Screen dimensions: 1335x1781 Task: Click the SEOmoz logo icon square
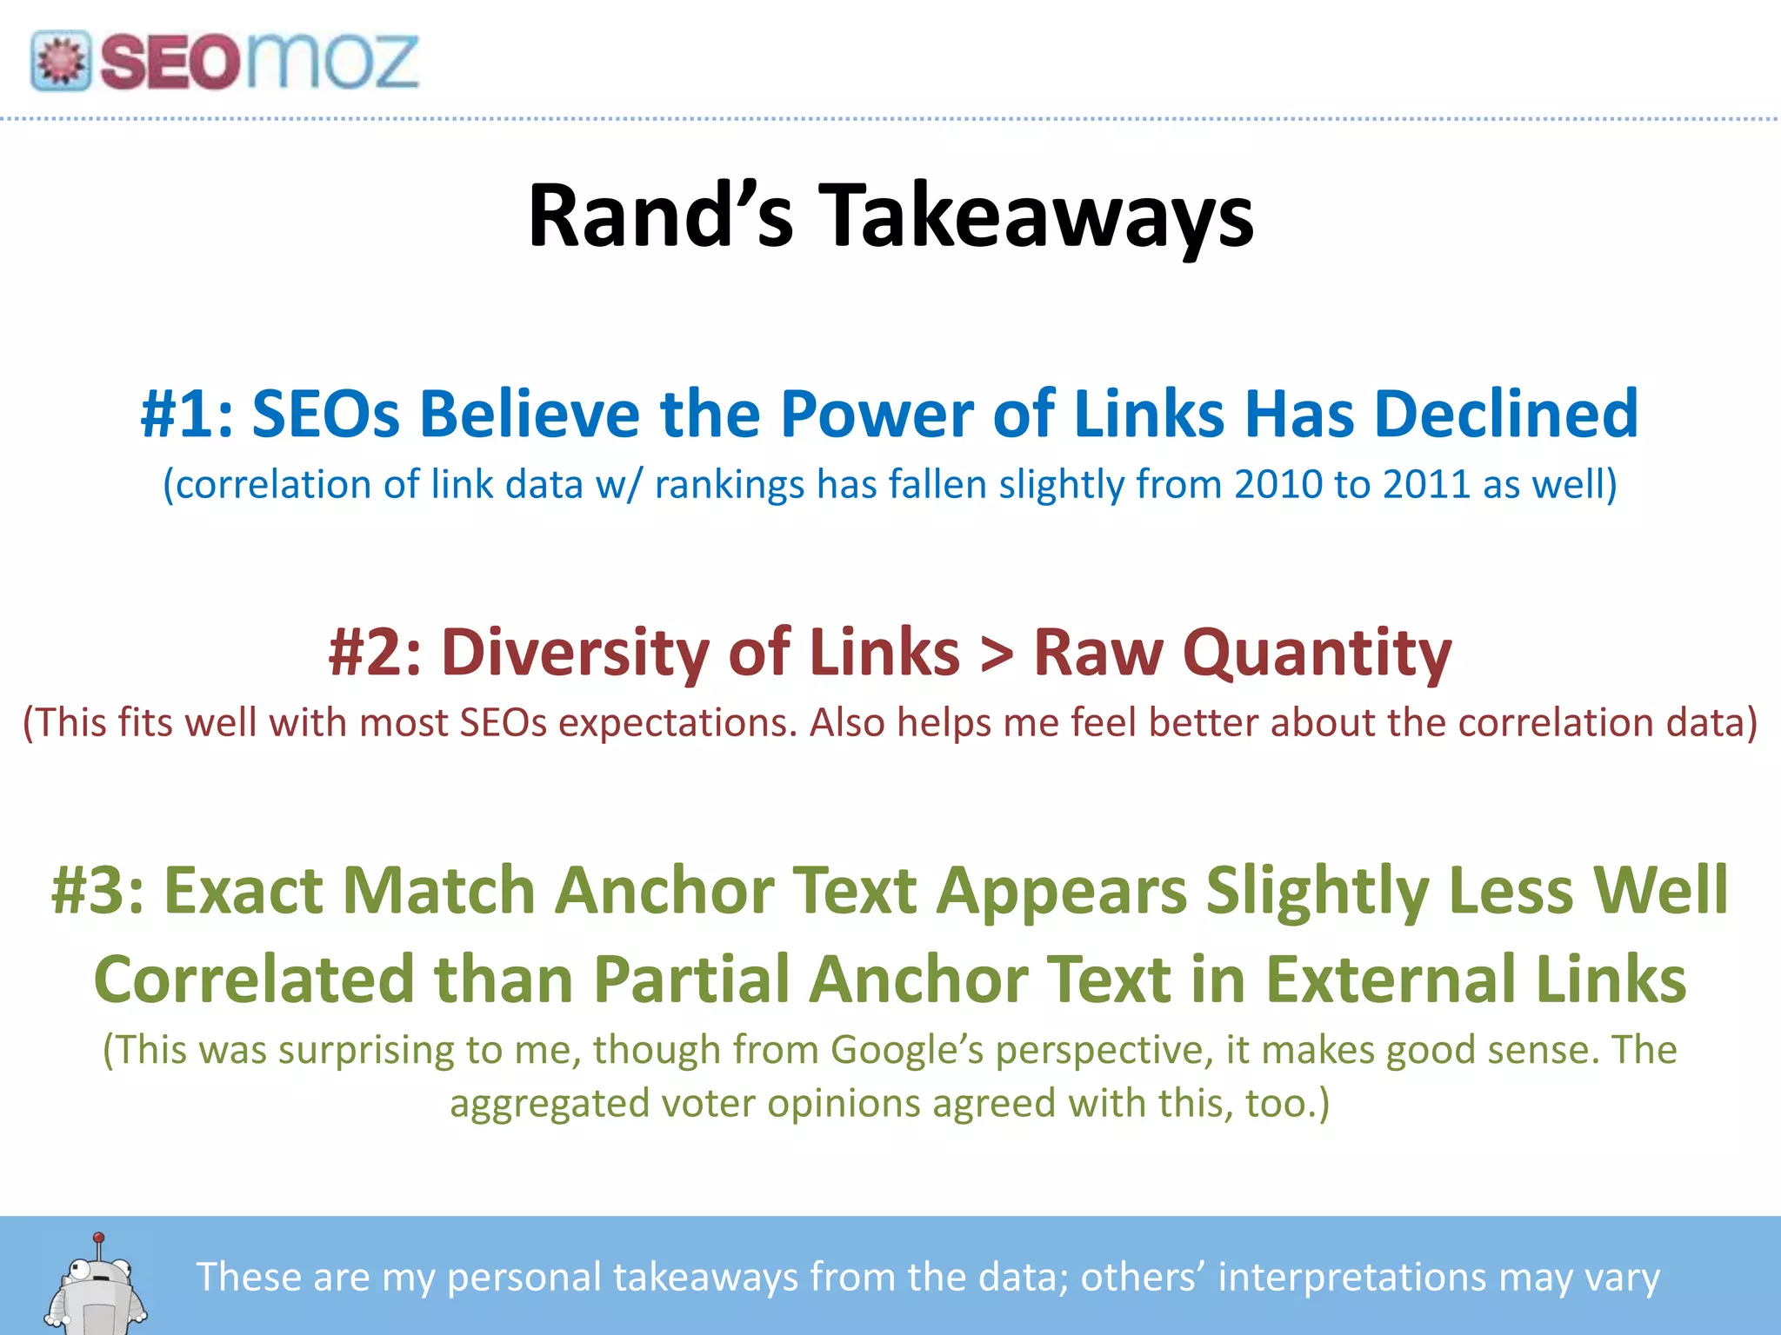click(x=61, y=61)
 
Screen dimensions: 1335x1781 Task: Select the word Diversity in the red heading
click(x=575, y=652)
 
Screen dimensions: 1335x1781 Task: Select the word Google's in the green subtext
click(x=907, y=1050)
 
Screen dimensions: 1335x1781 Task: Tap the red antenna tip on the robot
click(x=99, y=1237)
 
